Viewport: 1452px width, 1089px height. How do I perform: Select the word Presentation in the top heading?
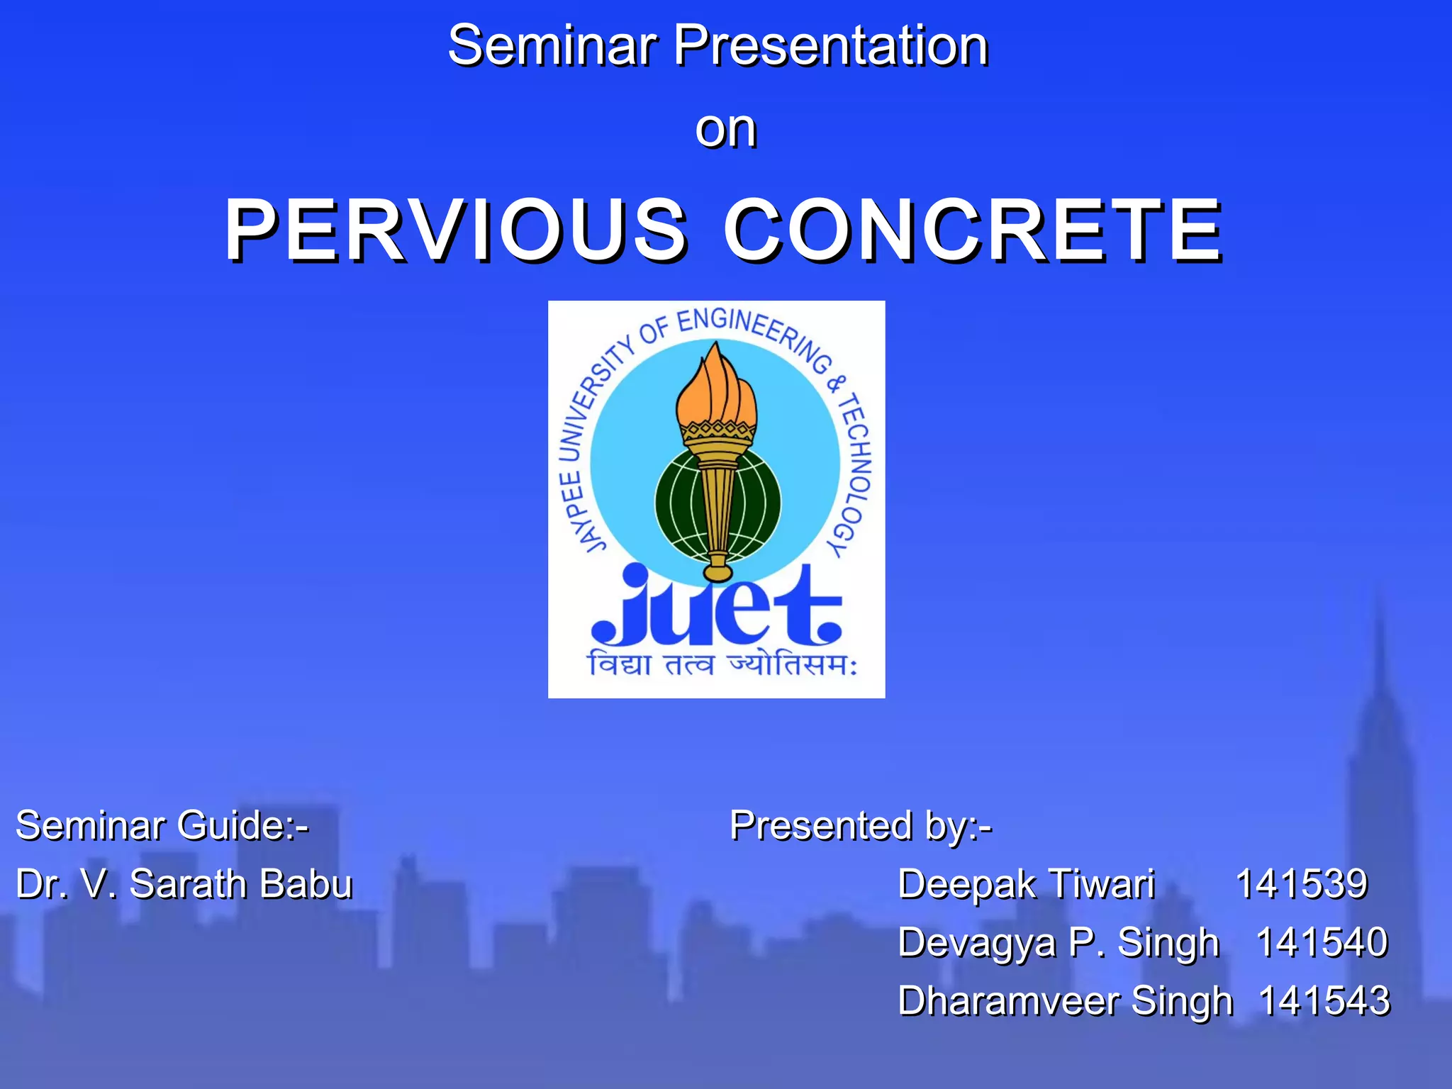coord(830,45)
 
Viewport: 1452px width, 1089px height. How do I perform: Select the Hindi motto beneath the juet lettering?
coord(722,665)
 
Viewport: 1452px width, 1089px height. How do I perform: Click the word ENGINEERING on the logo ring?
coord(752,333)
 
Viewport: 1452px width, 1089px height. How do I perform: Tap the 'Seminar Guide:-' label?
coord(162,825)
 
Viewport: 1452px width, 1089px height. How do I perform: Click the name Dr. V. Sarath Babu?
coord(184,884)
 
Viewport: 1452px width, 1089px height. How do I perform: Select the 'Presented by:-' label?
coord(861,826)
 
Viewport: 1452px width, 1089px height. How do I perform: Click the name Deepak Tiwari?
coord(1026,884)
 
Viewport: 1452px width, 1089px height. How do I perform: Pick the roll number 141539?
coord(1301,884)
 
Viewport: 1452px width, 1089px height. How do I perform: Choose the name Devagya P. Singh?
coord(1058,943)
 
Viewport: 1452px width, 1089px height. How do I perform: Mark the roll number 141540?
coord(1321,943)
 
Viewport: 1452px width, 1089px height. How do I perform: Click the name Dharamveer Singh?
coord(1065,1001)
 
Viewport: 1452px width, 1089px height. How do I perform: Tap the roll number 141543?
coord(1324,1001)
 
